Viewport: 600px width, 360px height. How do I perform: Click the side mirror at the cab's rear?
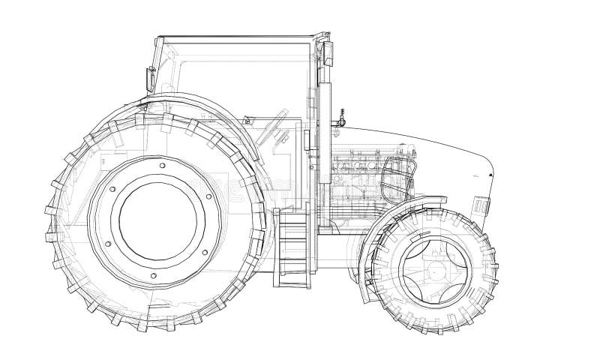[x=149, y=77]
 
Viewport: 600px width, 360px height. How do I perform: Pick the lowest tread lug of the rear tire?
[x=161, y=328]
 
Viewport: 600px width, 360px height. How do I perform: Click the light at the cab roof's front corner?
[x=328, y=49]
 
